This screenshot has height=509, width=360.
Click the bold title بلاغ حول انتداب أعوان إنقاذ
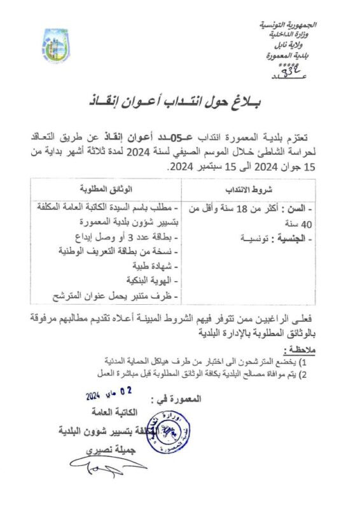click(180, 102)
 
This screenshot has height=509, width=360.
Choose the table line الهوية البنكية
click(150, 280)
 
